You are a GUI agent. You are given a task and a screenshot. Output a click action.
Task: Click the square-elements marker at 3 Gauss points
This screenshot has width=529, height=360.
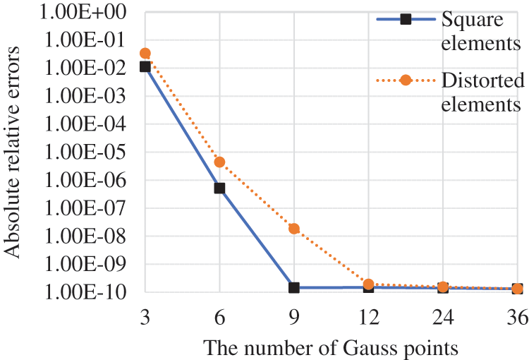pyautogui.click(x=145, y=66)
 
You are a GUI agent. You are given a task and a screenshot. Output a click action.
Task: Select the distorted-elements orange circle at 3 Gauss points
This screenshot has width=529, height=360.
pyautogui.click(x=145, y=53)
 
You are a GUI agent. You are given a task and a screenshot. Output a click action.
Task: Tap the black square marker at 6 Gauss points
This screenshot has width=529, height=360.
pyautogui.click(x=220, y=188)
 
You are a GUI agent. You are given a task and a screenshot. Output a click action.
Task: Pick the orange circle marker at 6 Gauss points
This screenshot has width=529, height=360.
pyautogui.click(x=220, y=162)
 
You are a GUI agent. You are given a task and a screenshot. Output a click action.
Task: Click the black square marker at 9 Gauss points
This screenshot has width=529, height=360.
pyautogui.click(x=294, y=288)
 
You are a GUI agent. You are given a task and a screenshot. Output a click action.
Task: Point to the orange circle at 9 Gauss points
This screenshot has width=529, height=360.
pyautogui.click(x=294, y=229)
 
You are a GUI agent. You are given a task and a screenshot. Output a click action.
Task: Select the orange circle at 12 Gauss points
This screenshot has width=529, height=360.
pyautogui.click(x=369, y=284)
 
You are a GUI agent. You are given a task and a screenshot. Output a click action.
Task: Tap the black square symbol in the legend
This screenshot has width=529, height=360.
pyautogui.click(x=405, y=20)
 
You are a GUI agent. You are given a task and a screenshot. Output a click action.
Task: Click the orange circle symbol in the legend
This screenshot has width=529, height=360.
pyautogui.click(x=405, y=80)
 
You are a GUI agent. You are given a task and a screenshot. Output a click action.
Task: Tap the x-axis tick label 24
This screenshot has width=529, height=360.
pyautogui.click(x=443, y=320)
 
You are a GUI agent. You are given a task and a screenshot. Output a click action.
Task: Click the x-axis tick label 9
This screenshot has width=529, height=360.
pyautogui.click(x=294, y=320)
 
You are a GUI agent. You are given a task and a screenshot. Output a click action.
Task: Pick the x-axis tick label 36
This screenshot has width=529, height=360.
pyautogui.click(x=518, y=320)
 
